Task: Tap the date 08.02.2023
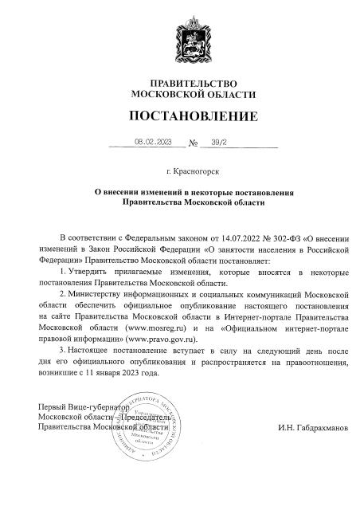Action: [154, 143]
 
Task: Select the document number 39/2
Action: [218, 143]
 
